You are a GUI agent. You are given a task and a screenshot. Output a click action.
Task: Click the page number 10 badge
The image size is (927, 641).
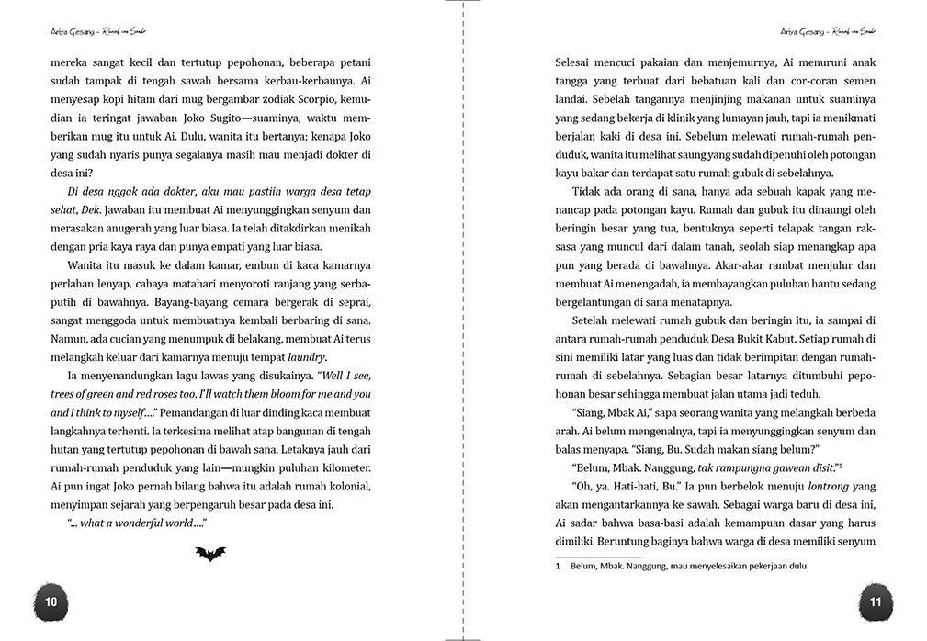pyautogui.click(x=51, y=602)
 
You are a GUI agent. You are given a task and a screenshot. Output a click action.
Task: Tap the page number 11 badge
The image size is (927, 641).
pyautogui.click(x=875, y=602)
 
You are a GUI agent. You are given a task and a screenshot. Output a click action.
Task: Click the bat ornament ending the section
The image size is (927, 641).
pyautogui.click(x=210, y=554)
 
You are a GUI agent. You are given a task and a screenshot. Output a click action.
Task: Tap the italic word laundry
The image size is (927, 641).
pyautogui.click(x=307, y=357)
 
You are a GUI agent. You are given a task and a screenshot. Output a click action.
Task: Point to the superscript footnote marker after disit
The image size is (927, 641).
pyautogui.click(x=840, y=464)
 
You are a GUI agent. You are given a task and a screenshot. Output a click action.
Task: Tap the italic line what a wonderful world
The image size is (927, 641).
pyautogui.click(x=136, y=523)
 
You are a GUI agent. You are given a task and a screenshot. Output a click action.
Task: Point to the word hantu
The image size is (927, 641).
pyautogui.click(x=803, y=284)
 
